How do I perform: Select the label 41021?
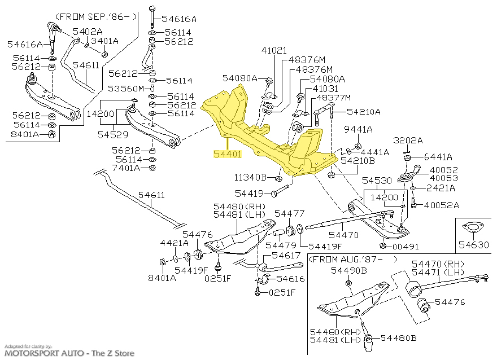pyautogui.click(x=274, y=50)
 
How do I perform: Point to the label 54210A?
pyautogui.click(x=364, y=112)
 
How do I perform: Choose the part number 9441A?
pyautogui.click(x=359, y=130)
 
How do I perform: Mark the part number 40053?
pyautogui.click(x=444, y=178)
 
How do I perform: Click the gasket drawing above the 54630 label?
pyautogui.click(x=470, y=227)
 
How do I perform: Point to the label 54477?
pyautogui.click(x=289, y=213)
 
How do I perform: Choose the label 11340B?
pyautogui.click(x=251, y=177)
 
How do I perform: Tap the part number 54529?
pyautogui.click(x=112, y=135)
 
